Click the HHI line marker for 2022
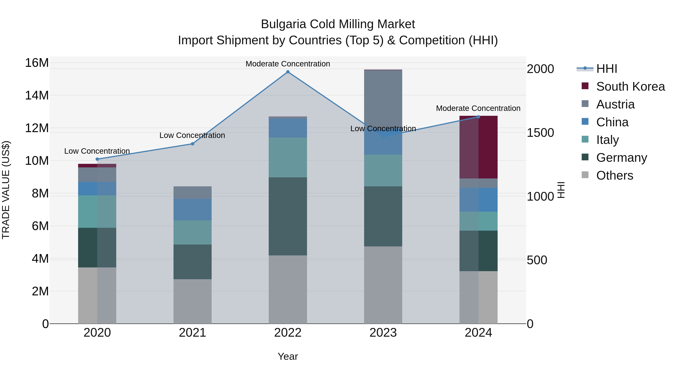(288, 72)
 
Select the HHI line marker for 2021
(192, 144)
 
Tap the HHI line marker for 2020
(97, 159)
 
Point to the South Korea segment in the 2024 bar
(478, 147)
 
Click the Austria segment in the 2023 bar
(383, 100)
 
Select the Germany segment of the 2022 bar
(288, 216)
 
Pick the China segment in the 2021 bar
(192, 210)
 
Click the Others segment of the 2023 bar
(383, 285)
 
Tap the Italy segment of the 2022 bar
(288, 157)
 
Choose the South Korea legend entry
(630, 87)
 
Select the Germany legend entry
(621, 158)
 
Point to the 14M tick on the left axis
(37, 96)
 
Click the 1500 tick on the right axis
(540, 133)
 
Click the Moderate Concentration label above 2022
(288, 64)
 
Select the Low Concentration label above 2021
(192, 135)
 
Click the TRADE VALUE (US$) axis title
(6, 190)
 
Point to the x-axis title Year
(288, 356)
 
